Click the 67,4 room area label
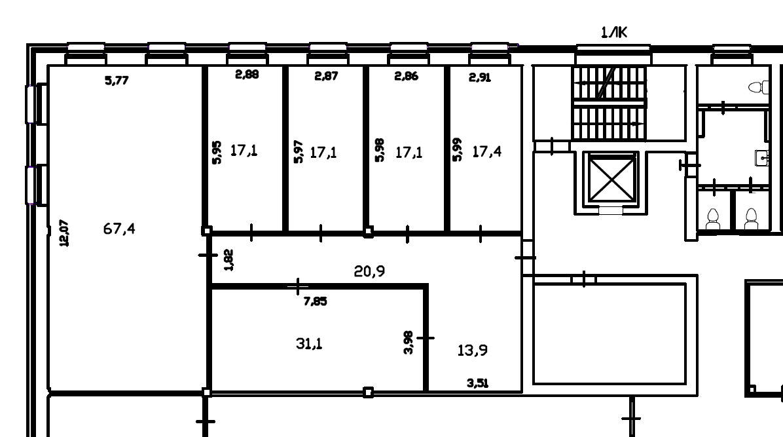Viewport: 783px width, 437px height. pos(119,229)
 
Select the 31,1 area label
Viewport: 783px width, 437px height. pos(309,343)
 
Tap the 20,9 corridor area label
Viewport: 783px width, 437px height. pos(369,271)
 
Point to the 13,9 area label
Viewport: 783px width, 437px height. pos(473,350)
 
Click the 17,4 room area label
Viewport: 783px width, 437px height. pos(487,151)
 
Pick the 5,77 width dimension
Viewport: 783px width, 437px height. pos(117,80)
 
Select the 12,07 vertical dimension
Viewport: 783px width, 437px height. pos(64,233)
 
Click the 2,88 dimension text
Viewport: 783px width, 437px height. pos(247,75)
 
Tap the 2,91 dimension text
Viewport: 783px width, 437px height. pos(479,77)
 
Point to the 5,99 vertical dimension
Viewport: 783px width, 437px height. pos(457,149)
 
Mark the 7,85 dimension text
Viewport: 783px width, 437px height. pos(315,301)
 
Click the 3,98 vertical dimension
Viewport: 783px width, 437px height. pos(409,343)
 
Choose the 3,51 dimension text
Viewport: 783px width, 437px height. pos(477,383)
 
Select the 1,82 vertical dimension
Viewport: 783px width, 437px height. pos(228,260)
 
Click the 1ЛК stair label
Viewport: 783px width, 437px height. pos(613,33)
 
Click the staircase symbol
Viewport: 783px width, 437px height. pos(610,103)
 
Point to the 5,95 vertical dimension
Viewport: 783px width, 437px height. pos(216,153)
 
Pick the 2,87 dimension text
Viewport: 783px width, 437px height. pos(326,76)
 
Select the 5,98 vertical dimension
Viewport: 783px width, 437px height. pos(380,150)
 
